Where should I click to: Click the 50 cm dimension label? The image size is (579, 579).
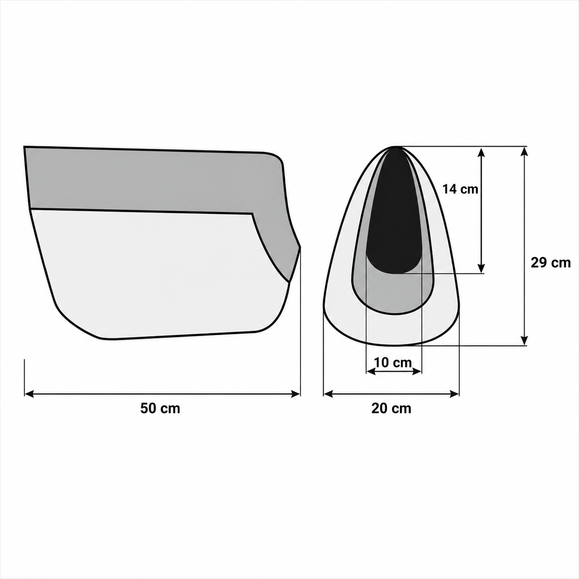[160, 409]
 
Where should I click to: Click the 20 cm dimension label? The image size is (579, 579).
[391, 409]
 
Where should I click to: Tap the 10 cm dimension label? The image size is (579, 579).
[393, 362]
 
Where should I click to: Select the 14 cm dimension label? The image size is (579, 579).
[460, 189]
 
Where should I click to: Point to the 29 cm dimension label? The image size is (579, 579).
[550, 263]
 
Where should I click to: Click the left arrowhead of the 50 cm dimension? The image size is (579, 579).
[29, 393]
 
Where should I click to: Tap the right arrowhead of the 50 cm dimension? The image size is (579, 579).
[296, 393]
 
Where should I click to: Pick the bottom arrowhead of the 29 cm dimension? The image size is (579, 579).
[525, 341]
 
